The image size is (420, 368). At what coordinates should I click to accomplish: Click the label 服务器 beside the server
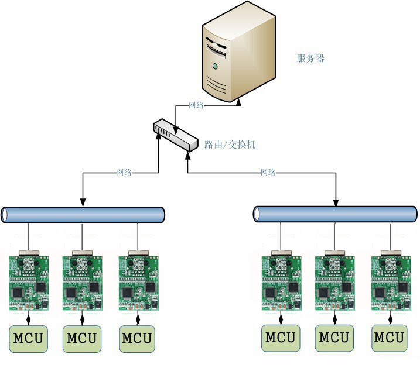(310, 59)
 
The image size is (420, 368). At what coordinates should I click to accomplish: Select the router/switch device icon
(175, 135)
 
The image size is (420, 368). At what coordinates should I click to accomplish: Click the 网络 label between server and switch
(196, 106)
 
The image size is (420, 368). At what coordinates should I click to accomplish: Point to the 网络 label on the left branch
(124, 173)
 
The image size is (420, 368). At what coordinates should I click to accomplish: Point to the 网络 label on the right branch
(268, 173)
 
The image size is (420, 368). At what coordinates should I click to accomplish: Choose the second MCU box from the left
(82, 338)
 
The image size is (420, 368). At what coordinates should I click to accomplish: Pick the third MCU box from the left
(138, 338)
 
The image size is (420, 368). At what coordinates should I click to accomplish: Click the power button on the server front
(216, 66)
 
